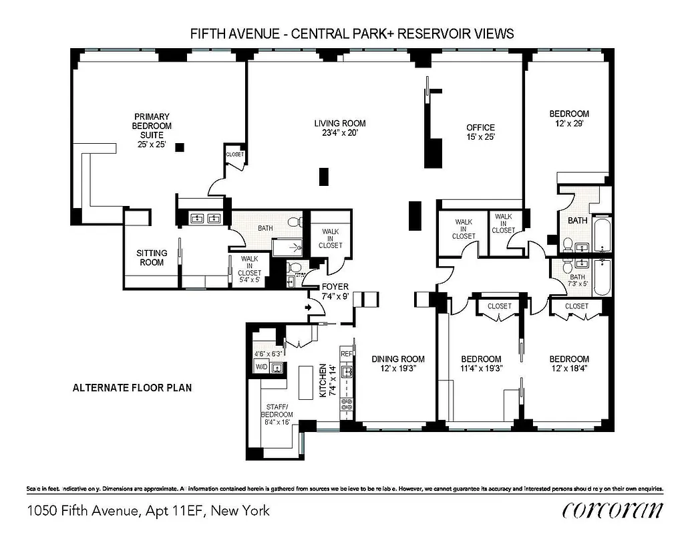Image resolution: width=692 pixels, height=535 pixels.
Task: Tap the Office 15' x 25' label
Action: [x=480, y=132]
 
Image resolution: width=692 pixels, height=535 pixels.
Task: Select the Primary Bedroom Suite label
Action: [x=152, y=130]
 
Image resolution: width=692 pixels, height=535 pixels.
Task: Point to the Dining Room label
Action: [x=398, y=363]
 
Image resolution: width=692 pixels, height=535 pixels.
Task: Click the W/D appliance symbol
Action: [x=261, y=366]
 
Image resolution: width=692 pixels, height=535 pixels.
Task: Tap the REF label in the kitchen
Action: [x=346, y=354]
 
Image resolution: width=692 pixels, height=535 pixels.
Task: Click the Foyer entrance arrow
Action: [x=308, y=308]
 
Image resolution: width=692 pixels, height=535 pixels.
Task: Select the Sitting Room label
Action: [x=151, y=257]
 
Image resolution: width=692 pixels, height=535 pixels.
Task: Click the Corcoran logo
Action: [x=613, y=510]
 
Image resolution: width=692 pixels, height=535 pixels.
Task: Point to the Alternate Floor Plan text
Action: [x=132, y=387]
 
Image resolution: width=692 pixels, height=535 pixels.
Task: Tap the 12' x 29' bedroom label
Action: [x=569, y=118]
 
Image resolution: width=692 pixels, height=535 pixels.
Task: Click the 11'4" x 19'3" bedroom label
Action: [x=480, y=363]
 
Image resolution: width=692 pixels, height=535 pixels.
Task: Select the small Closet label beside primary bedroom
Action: [x=235, y=154]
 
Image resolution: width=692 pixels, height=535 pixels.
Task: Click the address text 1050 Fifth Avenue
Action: [x=148, y=511]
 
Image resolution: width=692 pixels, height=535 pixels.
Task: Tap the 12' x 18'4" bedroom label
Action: [x=569, y=363]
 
